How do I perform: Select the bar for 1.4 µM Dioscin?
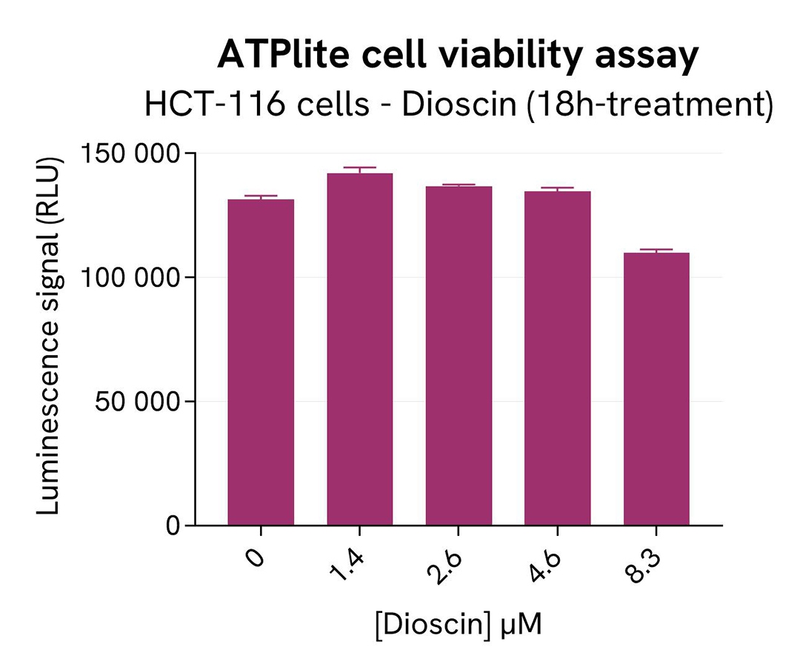click(359, 349)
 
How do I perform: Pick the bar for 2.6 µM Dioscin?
click(459, 356)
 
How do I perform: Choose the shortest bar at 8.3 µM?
click(656, 389)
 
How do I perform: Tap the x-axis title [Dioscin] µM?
click(458, 624)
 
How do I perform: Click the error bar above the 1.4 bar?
click(359, 170)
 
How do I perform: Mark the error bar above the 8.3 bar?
click(656, 251)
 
